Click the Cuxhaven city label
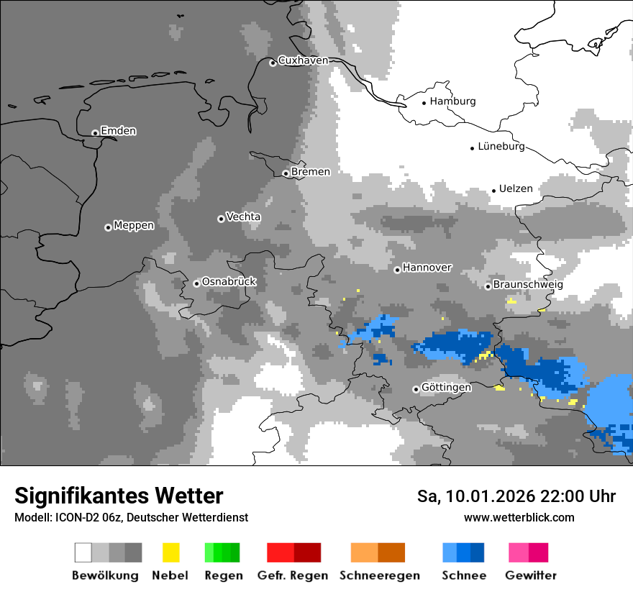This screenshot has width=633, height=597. point(303,60)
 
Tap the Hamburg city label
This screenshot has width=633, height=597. point(452,101)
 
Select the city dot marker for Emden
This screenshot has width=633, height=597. point(95,132)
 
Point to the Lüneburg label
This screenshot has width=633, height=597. point(501,146)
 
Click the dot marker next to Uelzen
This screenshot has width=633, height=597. point(494,191)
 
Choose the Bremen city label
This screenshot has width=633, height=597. point(311,172)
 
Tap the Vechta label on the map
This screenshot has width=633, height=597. point(243,217)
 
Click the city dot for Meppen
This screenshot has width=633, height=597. point(108,227)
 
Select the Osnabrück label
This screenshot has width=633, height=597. point(229,282)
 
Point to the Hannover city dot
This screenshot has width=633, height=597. point(397,270)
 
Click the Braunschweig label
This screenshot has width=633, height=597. point(528,285)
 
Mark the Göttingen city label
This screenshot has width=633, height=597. point(446,388)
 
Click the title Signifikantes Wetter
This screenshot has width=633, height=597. point(119,496)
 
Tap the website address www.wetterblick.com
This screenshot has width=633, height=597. point(519,517)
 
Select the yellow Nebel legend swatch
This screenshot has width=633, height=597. point(170,552)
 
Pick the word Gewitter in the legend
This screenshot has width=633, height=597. point(531,575)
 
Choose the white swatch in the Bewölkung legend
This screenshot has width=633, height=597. point(83,552)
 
